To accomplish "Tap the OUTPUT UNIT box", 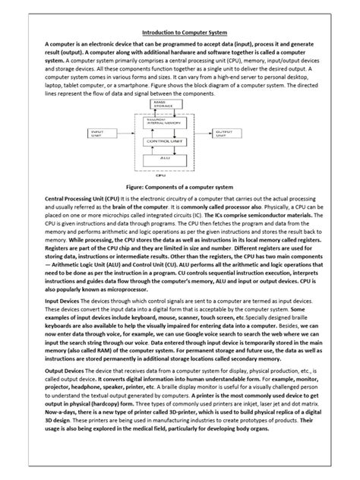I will (x=224, y=133).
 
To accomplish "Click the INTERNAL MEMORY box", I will (x=160, y=123).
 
